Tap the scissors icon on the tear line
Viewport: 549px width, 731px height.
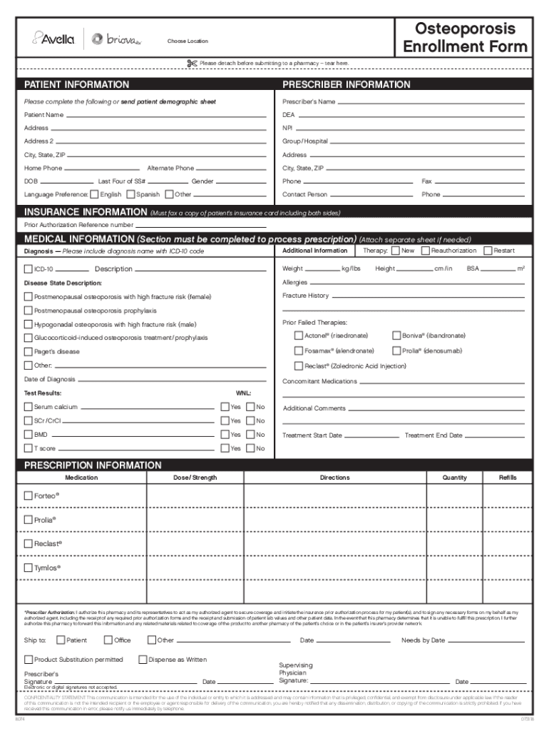tap(191, 64)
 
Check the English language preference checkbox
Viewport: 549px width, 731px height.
tap(94, 194)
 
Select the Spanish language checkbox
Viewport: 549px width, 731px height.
tap(130, 194)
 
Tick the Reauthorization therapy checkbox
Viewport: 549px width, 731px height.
tap(425, 251)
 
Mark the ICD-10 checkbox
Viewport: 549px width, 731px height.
tap(29, 269)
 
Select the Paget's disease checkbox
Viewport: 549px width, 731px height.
tap(29, 351)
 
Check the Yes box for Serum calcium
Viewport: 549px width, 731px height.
tap(224, 406)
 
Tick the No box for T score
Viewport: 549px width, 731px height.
tap(250, 448)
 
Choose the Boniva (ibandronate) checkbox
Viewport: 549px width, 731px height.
tap(396, 336)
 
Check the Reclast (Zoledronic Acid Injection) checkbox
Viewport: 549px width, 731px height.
tap(299, 365)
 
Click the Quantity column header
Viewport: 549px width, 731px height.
tap(454, 478)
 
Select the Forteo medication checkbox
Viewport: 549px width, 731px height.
tap(29, 495)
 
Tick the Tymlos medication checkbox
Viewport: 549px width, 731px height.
tap(29, 568)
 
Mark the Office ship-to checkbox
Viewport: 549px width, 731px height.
tap(108, 640)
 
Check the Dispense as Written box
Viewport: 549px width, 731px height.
tap(143, 660)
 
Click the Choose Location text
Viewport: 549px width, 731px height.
tap(188, 41)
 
